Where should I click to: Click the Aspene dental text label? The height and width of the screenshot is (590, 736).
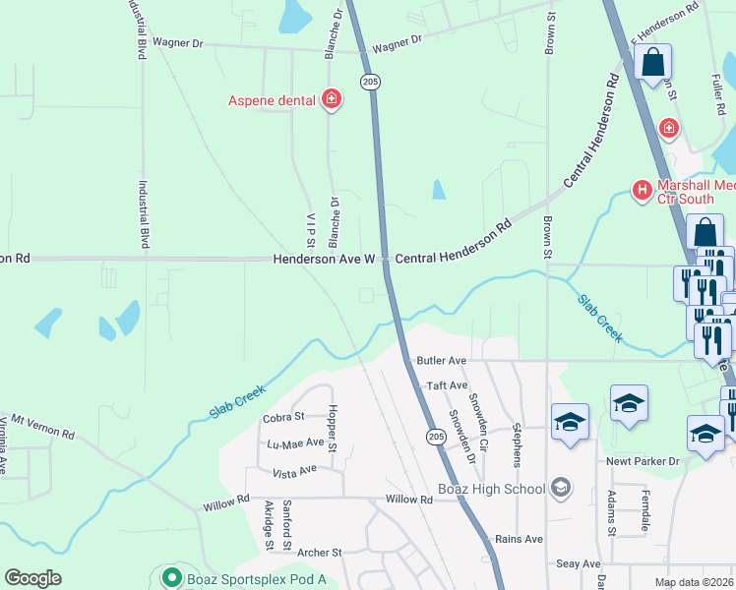272,99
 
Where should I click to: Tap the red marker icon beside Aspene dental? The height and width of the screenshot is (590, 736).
332,99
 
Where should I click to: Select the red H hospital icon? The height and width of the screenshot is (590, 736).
643,190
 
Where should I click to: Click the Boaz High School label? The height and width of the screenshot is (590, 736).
491,489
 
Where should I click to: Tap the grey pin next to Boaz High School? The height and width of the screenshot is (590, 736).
561,488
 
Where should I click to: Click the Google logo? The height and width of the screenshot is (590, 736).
33,578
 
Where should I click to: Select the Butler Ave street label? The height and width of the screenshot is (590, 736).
440,361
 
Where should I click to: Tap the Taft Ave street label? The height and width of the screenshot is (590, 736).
445,386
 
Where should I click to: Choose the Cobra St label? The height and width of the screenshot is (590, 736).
283,418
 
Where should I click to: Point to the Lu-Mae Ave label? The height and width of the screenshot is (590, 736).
295,443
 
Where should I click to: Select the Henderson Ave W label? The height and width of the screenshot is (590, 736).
325,259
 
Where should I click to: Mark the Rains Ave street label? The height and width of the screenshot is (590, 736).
520,539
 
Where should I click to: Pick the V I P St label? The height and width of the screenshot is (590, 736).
310,228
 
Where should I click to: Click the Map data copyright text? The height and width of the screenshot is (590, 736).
694,582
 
